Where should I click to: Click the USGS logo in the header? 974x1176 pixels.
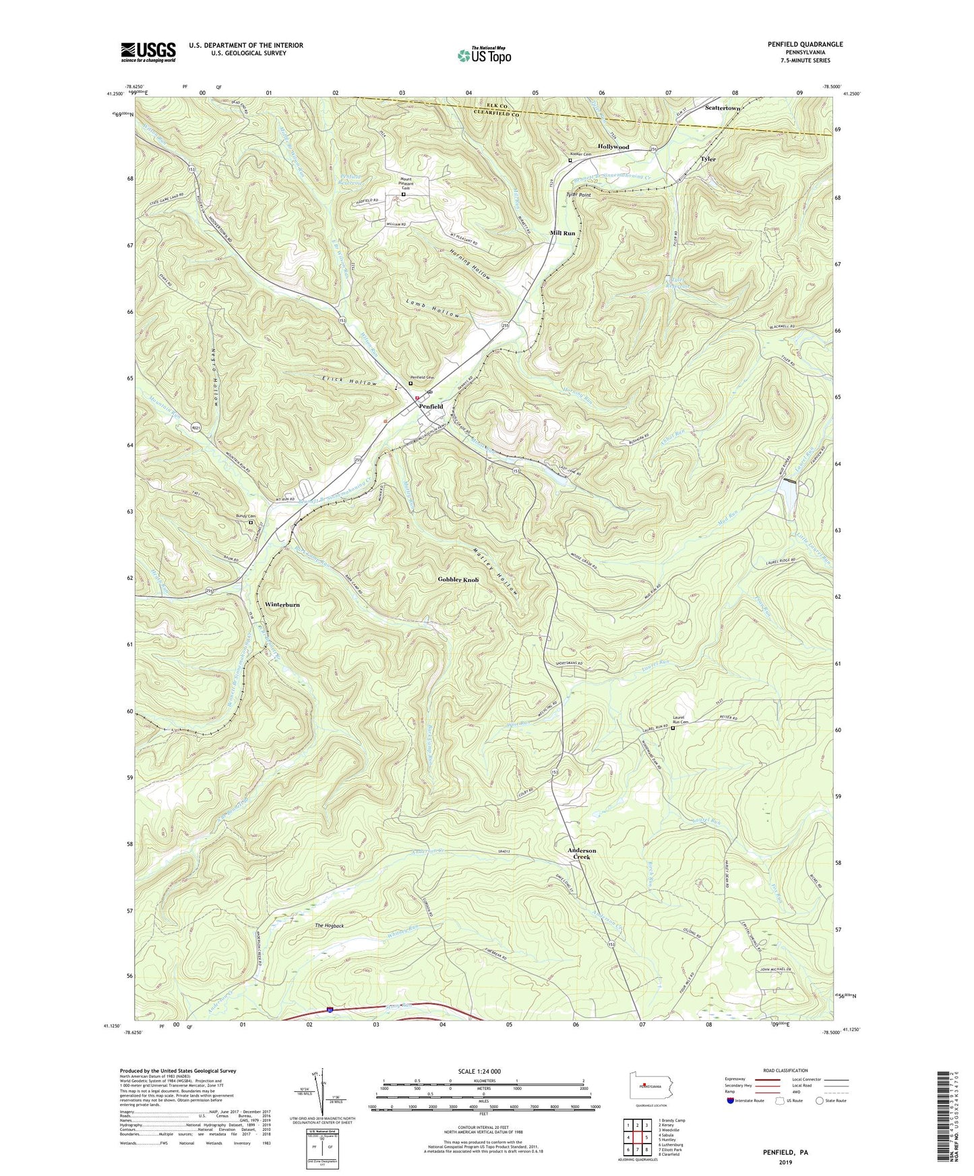148,52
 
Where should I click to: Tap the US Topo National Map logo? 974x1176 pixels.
483,55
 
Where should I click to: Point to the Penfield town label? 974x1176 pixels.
431,407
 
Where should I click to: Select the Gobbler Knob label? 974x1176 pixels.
458,580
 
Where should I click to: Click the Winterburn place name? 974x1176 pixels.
282,605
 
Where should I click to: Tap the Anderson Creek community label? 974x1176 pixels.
582,853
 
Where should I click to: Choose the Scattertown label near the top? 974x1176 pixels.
723,108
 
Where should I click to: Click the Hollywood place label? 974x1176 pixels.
613,147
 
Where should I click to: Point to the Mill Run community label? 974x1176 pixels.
563,233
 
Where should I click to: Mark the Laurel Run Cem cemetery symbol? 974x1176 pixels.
673,727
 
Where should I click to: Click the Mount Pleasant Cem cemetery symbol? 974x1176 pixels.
404,195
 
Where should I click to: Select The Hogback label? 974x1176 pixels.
330,926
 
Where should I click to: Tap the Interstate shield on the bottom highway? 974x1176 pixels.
330,1010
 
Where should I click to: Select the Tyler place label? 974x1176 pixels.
708,159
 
